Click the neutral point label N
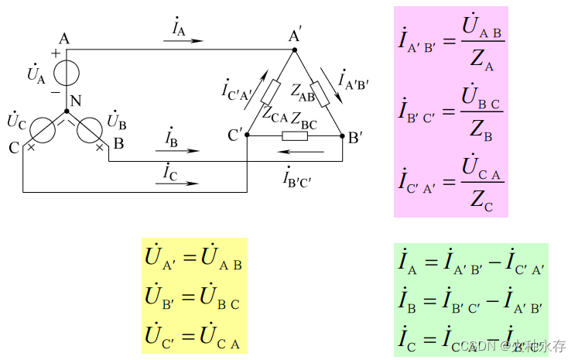[x=75, y=101]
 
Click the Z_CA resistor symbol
[x=269, y=93]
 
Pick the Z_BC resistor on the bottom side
[x=295, y=136]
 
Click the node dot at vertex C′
[x=246, y=135]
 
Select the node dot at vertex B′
[x=343, y=135]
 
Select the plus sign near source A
[x=56, y=53]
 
